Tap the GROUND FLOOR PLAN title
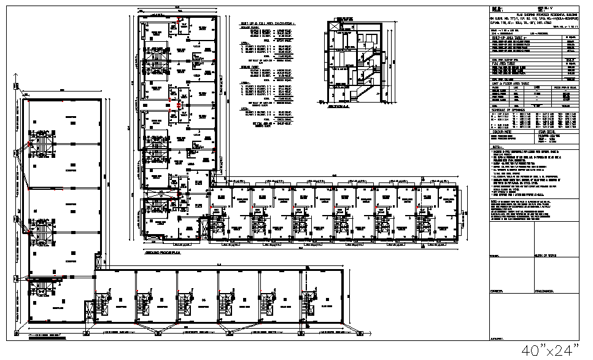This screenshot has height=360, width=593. coord(163,252)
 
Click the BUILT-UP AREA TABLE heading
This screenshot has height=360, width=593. coord(507,36)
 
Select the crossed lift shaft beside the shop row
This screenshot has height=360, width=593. coord(92,314)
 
